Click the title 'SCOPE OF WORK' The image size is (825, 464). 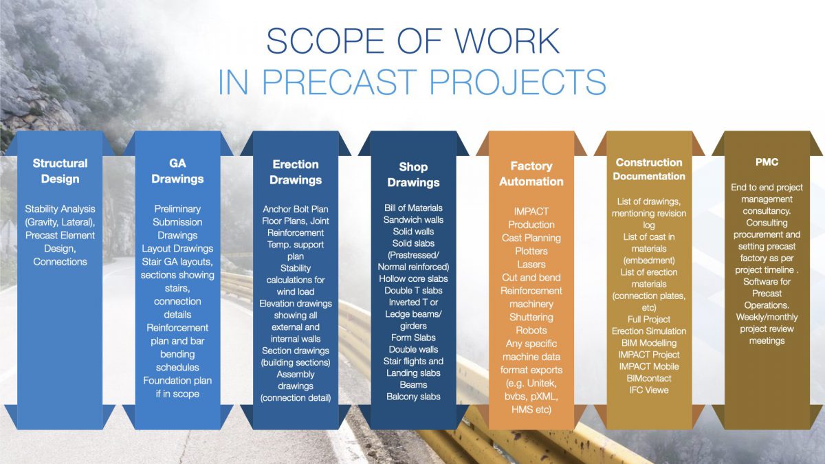[412, 41]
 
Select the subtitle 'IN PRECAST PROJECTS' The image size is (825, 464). [412, 81]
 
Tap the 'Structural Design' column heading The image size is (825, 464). [60, 171]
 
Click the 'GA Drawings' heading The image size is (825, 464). [177, 171]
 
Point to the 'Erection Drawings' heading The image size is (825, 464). [296, 172]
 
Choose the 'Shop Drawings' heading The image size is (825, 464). [413, 175]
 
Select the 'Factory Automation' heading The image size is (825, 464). [531, 173]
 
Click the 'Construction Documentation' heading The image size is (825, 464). [650, 169]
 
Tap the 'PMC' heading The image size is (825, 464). [767, 162]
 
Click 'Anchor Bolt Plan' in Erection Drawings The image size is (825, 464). [296, 209]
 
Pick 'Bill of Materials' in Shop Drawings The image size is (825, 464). [413, 208]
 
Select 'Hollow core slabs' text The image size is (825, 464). [413, 278]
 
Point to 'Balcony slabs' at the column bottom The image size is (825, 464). [413, 397]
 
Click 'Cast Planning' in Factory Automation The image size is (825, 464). [531, 238]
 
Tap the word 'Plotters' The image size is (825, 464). [531, 251]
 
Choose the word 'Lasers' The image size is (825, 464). [531, 264]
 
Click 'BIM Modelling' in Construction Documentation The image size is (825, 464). [650, 342]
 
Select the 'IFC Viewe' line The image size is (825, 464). [650, 390]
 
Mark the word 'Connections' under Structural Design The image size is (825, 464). [60, 261]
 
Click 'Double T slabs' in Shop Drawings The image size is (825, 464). [413, 290]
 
